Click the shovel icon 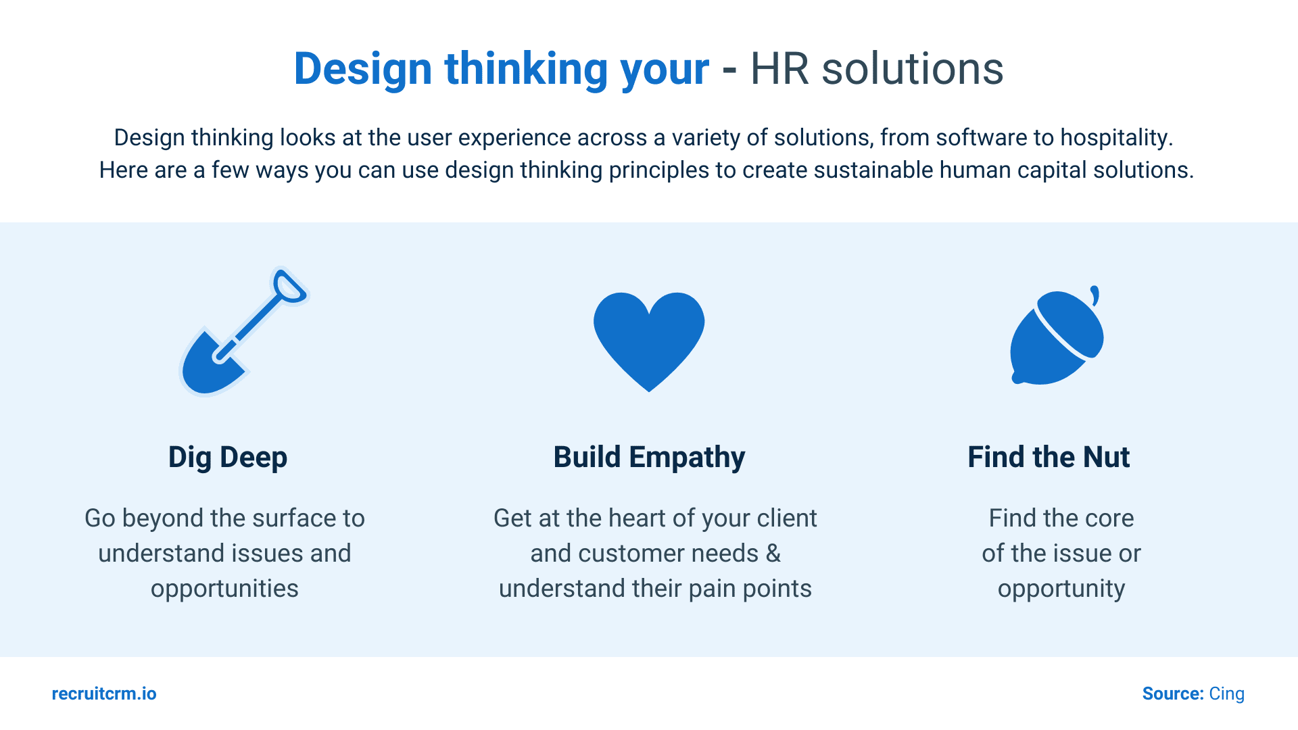(243, 331)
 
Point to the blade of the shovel (210, 366)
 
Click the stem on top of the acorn (1095, 295)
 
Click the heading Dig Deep (228, 458)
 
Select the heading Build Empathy (649, 458)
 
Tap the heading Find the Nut (1049, 458)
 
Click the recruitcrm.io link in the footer (104, 694)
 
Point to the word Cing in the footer (1226, 694)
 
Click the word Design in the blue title (363, 70)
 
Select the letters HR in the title (779, 69)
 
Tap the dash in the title (729, 70)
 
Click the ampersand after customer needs (773, 554)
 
